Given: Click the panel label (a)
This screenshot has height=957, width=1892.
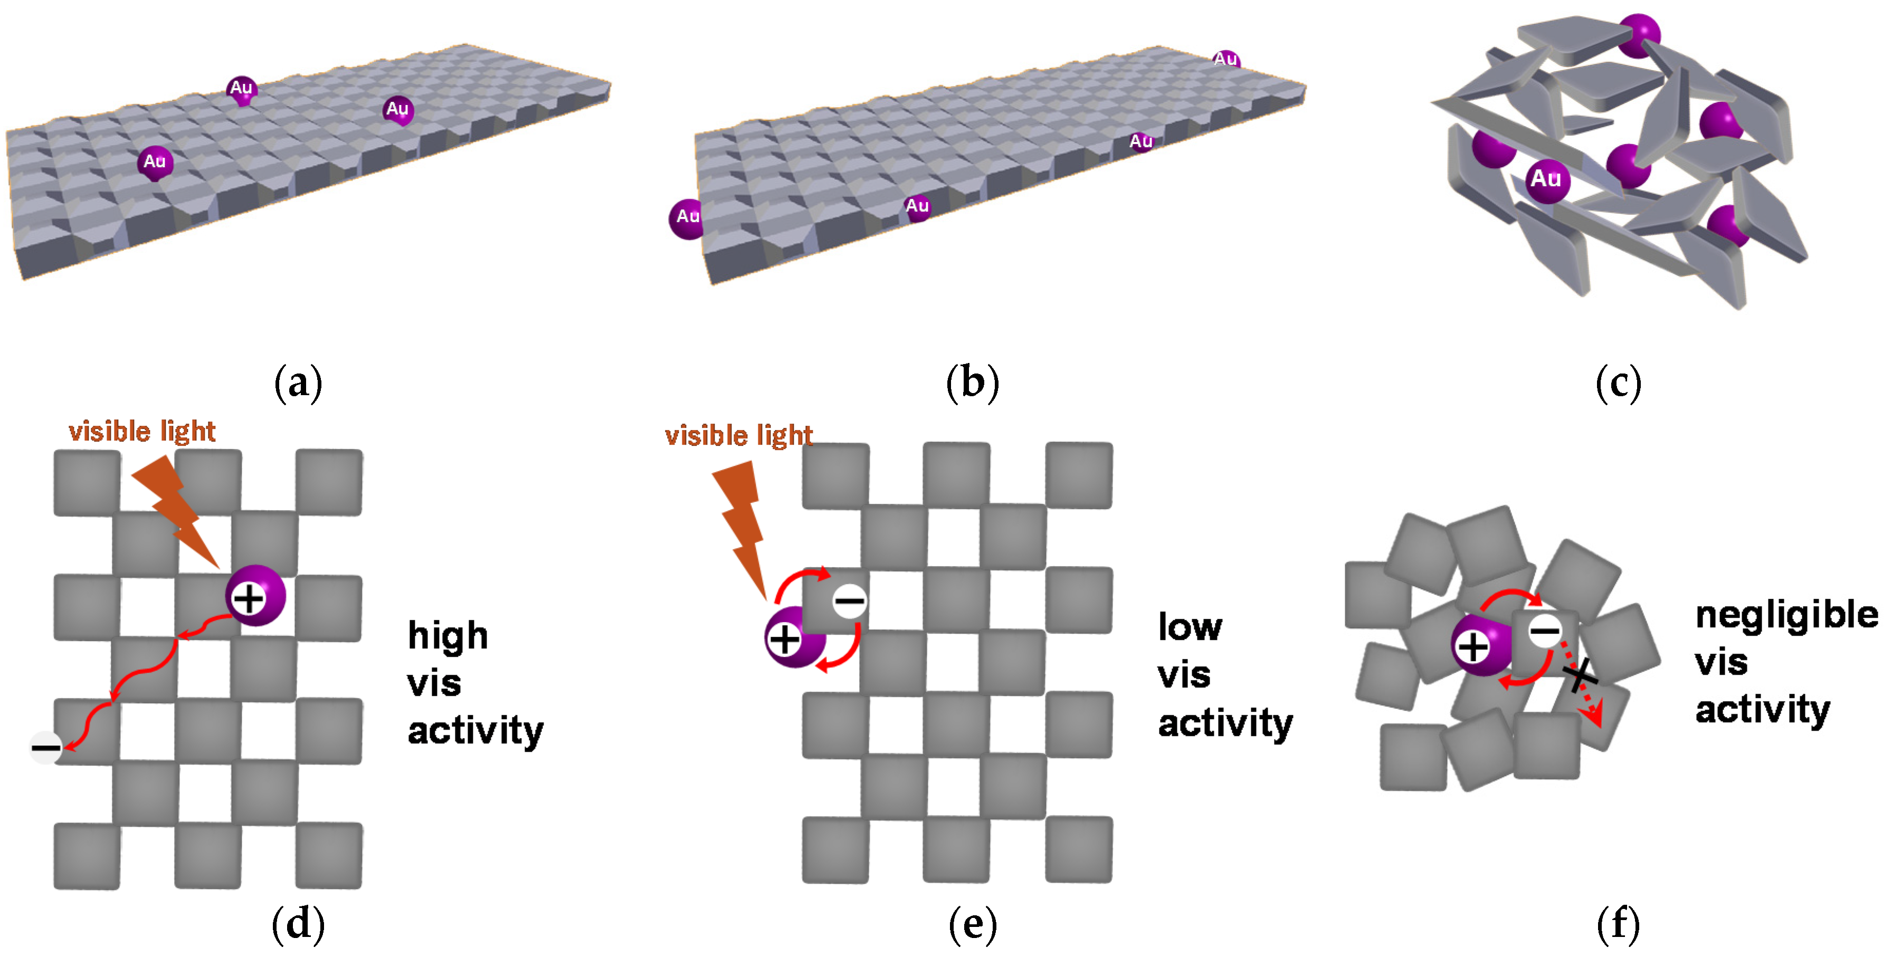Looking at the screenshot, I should click(x=298, y=384).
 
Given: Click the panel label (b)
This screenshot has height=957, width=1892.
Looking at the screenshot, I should click(x=973, y=384).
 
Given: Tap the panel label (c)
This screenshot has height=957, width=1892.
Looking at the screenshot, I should click(x=1618, y=384).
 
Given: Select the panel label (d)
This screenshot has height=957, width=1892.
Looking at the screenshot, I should click(x=298, y=923).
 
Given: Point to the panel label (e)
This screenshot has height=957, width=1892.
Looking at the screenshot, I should click(x=973, y=923).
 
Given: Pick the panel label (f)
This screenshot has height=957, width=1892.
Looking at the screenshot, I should click(x=1618, y=923).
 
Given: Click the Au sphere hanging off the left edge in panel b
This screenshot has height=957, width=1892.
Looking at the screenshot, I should click(x=686, y=218).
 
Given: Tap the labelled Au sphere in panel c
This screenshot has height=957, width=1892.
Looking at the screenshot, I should click(x=1547, y=180).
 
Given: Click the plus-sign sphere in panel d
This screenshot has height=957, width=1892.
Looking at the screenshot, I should click(x=254, y=596).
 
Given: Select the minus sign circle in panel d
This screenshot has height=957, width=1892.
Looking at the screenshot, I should click(x=45, y=748).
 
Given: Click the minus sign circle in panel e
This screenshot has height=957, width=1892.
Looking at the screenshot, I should click(x=850, y=601).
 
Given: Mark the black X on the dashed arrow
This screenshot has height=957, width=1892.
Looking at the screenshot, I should click(x=1579, y=675).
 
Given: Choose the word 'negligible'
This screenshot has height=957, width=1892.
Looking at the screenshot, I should click(x=1786, y=616).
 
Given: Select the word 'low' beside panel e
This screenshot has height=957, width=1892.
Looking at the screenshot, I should click(x=1190, y=627).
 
